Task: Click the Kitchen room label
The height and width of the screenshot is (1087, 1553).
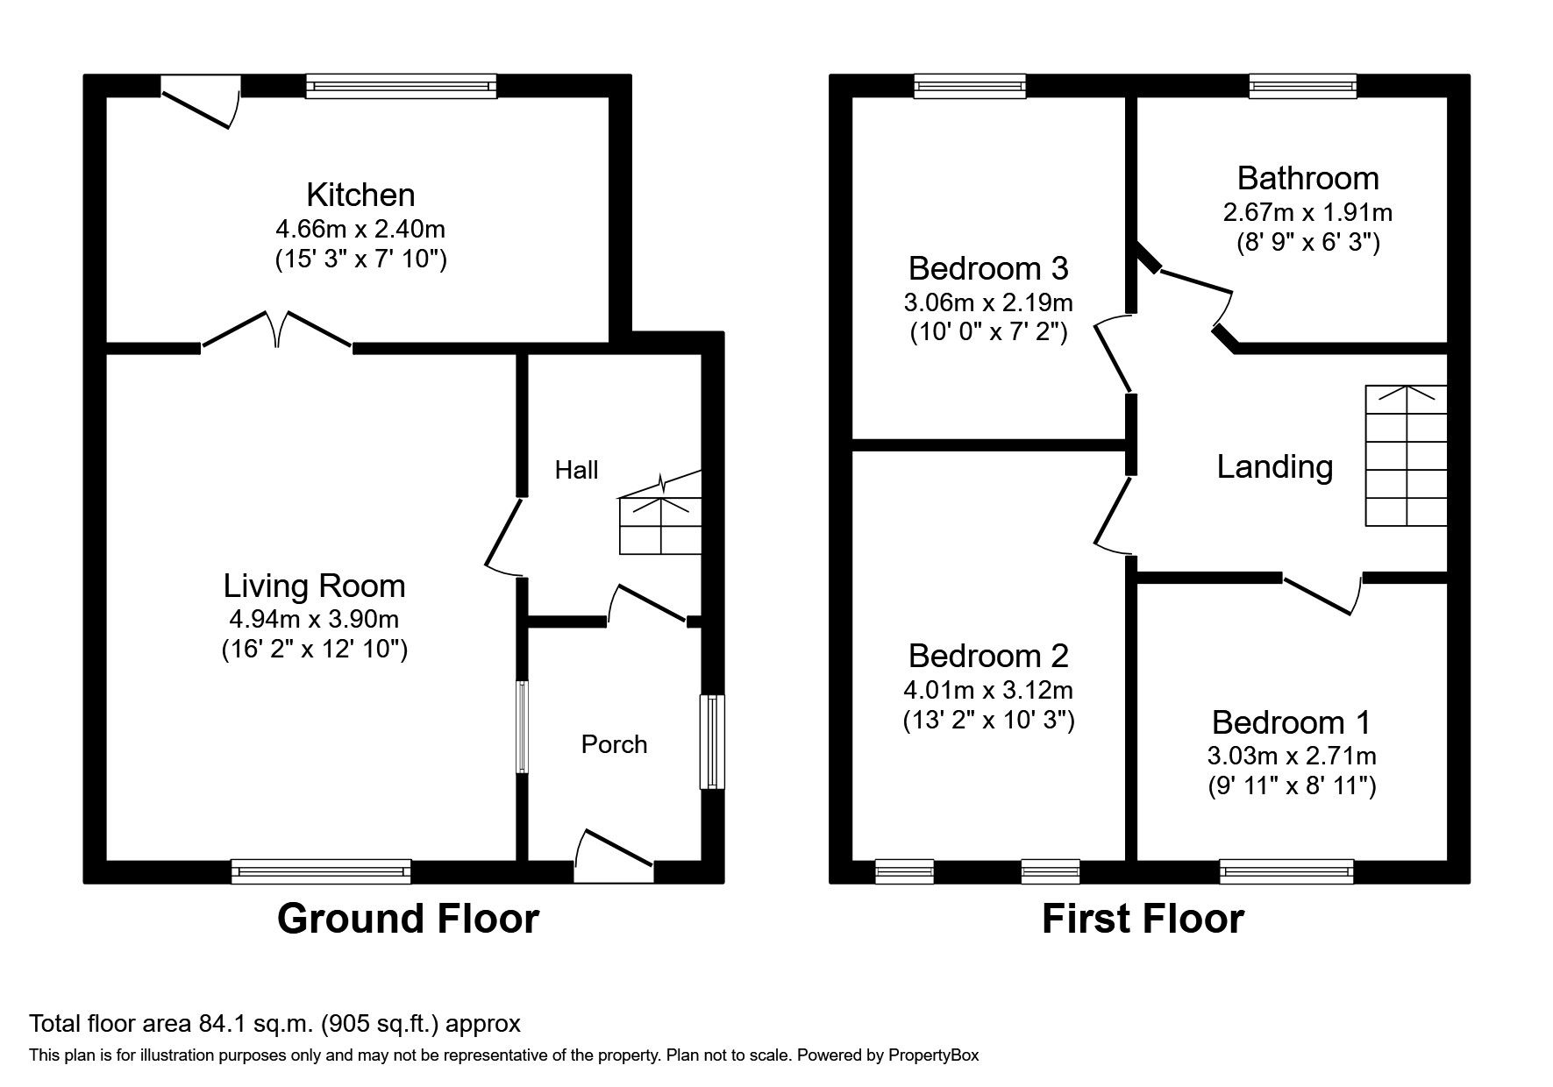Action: click(360, 195)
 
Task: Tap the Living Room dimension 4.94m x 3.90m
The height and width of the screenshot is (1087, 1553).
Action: click(314, 619)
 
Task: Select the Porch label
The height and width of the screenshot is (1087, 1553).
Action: click(614, 744)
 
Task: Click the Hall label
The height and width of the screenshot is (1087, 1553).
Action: click(576, 471)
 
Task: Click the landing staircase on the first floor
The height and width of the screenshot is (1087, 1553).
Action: click(1406, 456)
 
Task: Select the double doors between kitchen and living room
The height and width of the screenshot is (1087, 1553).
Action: click(278, 330)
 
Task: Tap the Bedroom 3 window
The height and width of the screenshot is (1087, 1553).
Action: click(969, 86)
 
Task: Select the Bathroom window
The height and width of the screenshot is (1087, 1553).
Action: click(1302, 86)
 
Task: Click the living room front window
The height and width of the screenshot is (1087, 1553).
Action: click(321, 870)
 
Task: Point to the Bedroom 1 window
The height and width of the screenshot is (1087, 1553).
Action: click(1286, 870)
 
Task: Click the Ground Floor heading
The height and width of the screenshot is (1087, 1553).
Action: click(408, 919)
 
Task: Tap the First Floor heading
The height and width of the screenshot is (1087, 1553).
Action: click(1142, 919)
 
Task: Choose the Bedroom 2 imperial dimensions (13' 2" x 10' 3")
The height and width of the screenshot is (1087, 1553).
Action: click(988, 720)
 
